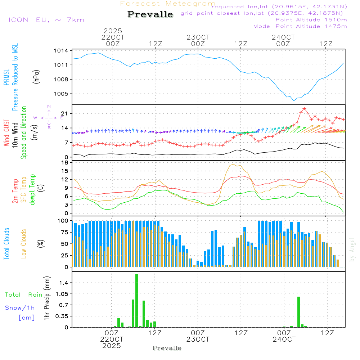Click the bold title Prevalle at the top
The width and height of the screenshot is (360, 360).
(x=150, y=14)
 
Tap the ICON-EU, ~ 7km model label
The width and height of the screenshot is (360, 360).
(x=46, y=20)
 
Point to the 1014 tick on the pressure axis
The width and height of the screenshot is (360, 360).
(x=61, y=51)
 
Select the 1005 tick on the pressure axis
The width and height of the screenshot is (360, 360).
(x=61, y=94)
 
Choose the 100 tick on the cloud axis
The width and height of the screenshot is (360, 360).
(x=63, y=221)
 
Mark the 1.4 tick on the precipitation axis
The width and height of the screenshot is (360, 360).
(x=63, y=283)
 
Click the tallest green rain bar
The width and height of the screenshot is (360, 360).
(x=137, y=301)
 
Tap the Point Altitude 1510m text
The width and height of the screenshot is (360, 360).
(x=311, y=20)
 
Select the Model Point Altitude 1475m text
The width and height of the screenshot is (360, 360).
(x=300, y=26)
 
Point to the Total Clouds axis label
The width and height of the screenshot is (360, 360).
(x=7, y=244)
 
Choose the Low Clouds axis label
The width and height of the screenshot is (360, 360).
(x=24, y=244)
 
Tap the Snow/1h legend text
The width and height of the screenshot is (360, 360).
(x=20, y=308)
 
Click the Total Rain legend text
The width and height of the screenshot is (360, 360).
(x=23, y=295)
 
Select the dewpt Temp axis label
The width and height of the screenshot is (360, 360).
(x=32, y=190)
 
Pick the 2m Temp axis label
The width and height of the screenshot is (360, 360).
(x=15, y=190)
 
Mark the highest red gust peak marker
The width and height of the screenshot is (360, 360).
(x=305, y=108)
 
